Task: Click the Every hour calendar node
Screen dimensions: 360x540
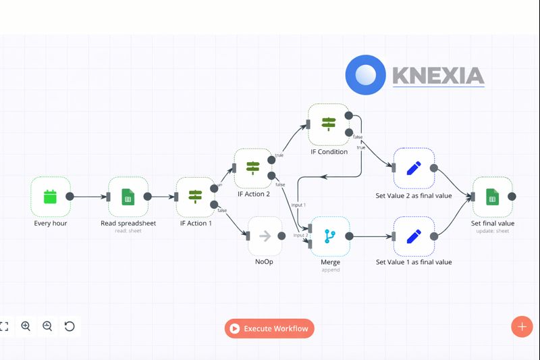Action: tap(51, 197)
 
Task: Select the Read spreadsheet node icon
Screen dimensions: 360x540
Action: tap(128, 197)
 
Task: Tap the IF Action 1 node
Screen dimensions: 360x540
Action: tap(195, 197)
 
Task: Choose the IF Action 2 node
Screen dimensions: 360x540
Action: tap(253, 168)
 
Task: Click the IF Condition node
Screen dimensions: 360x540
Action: tap(328, 123)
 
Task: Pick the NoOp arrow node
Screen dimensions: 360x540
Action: tap(265, 236)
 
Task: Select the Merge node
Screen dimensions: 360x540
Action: tap(329, 236)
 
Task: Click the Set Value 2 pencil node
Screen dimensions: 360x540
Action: tap(414, 168)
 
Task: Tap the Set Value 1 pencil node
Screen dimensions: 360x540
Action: tap(414, 236)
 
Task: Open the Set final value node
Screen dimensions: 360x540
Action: tap(492, 197)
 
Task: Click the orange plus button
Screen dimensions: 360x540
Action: tap(522, 326)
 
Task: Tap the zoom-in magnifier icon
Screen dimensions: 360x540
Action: tap(26, 326)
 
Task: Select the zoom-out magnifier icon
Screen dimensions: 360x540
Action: tap(47, 326)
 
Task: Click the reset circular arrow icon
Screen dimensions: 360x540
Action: tap(70, 326)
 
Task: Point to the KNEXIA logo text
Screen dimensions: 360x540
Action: tap(438, 75)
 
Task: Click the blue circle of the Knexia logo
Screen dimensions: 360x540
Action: tap(365, 74)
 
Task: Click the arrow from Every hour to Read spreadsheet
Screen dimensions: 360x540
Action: tap(90, 197)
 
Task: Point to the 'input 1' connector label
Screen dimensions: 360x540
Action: tap(298, 205)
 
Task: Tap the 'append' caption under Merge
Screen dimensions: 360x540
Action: tap(330, 269)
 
